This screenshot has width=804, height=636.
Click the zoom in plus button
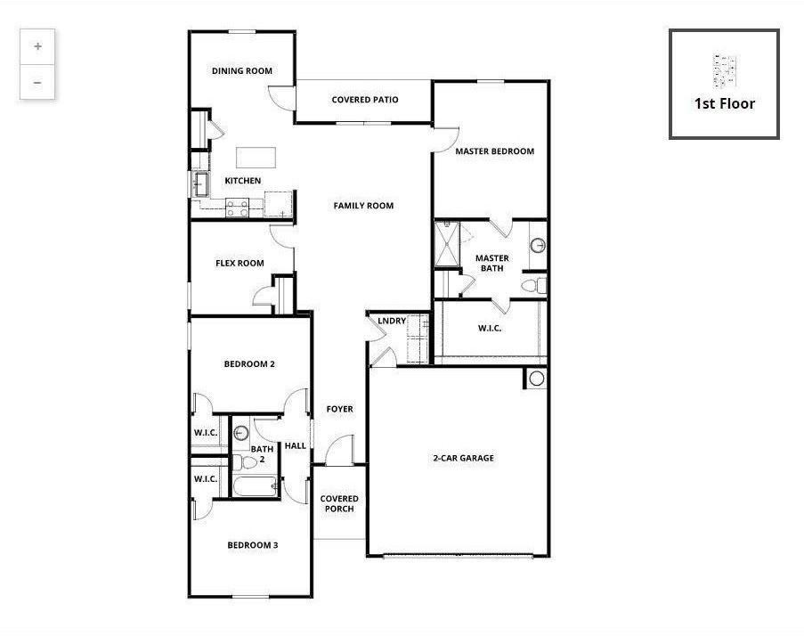tap(37, 46)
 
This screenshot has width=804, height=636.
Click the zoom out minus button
tap(37, 82)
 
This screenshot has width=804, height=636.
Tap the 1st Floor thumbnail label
tap(724, 103)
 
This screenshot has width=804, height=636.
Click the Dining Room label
tap(241, 71)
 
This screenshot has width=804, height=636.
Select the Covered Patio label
tap(364, 100)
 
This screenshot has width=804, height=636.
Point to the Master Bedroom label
tap(494, 151)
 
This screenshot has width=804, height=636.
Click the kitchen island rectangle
tap(256, 158)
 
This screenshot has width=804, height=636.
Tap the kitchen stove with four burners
tap(237, 208)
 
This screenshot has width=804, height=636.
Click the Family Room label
tap(363, 206)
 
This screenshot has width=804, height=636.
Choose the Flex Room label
tap(240, 264)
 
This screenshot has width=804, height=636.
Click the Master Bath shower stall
tap(446, 242)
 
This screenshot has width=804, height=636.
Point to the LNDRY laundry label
tap(392, 322)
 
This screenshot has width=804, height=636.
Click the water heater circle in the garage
tap(536, 379)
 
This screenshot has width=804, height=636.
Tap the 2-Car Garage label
tap(463, 459)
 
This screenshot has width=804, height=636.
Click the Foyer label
tap(339, 410)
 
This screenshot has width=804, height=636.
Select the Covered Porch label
tap(339, 504)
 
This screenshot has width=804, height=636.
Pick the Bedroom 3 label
tap(252, 545)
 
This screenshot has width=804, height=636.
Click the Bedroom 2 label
tap(248, 363)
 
